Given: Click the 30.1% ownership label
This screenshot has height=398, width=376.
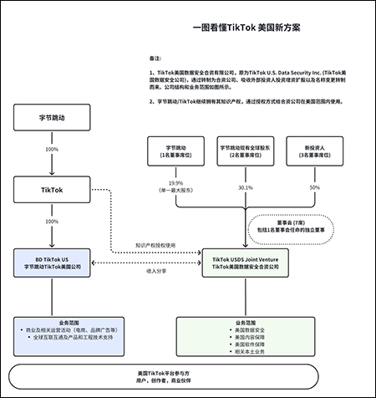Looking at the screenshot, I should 246,187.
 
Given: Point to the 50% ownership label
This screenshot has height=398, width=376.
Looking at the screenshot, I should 316,187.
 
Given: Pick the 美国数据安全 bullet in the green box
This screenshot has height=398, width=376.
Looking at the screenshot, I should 247,330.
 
